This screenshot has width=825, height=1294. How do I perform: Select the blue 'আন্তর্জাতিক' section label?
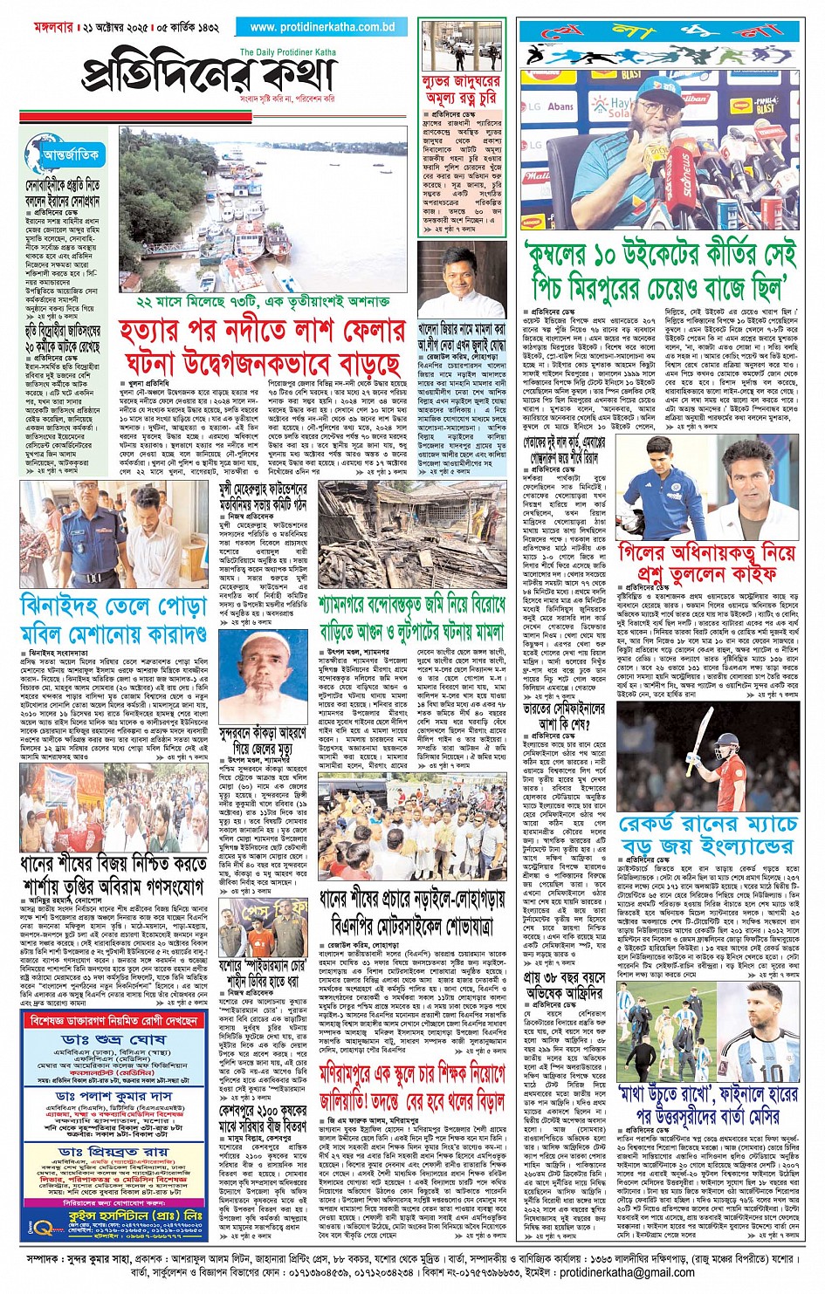[x=70, y=155]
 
